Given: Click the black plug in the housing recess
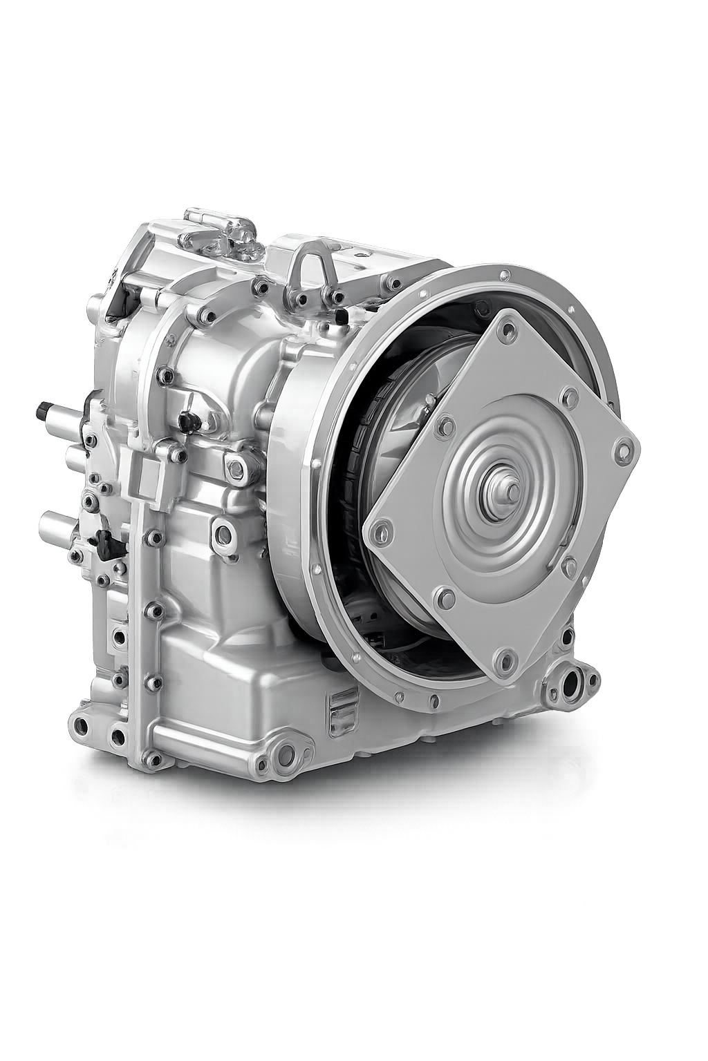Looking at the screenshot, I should pyautogui.click(x=186, y=420).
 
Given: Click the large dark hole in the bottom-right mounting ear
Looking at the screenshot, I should pyautogui.click(x=571, y=688).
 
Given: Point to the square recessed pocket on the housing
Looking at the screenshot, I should pyautogui.click(x=146, y=475).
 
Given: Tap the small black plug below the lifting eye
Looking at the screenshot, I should pyautogui.click(x=342, y=316).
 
